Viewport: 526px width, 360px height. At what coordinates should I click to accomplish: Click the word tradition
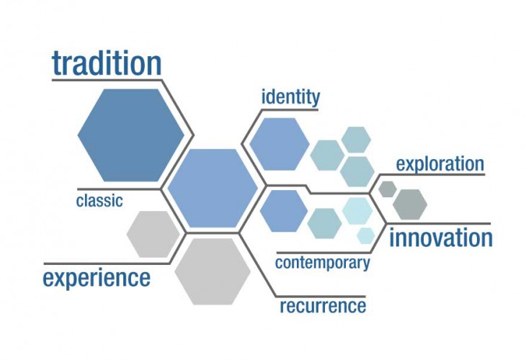(x=107, y=63)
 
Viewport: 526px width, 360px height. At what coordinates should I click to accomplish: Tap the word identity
(x=290, y=97)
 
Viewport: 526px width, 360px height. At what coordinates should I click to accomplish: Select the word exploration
(x=440, y=164)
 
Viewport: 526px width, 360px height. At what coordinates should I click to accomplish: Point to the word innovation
(x=441, y=238)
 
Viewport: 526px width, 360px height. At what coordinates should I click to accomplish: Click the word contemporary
(x=322, y=263)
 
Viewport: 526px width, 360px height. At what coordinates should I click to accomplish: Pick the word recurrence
(x=323, y=306)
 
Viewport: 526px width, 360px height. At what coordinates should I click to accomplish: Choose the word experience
(x=97, y=278)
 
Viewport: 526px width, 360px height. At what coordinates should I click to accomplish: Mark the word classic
(x=99, y=201)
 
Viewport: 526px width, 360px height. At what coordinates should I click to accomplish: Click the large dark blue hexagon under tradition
(x=131, y=135)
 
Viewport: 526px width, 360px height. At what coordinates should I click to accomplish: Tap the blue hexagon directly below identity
(x=280, y=144)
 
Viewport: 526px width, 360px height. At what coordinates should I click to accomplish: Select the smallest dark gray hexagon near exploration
(x=388, y=189)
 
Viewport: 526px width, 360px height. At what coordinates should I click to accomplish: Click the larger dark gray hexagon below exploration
(x=410, y=204)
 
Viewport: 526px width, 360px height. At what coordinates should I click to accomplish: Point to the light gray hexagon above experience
(x=153, y=234)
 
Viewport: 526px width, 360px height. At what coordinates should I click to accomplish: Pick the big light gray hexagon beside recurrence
(x=213, y=271)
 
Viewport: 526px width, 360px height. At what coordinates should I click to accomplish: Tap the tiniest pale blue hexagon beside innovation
(x=365, y=235)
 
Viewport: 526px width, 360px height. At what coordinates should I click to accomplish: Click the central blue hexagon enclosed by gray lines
(x=213, y=188)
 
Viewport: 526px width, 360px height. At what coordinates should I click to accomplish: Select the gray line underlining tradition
(x=107, y=80)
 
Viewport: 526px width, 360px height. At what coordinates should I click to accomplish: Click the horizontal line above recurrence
(x=321, y=297)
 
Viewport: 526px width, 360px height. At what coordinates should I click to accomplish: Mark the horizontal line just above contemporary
(x=324, y=253)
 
